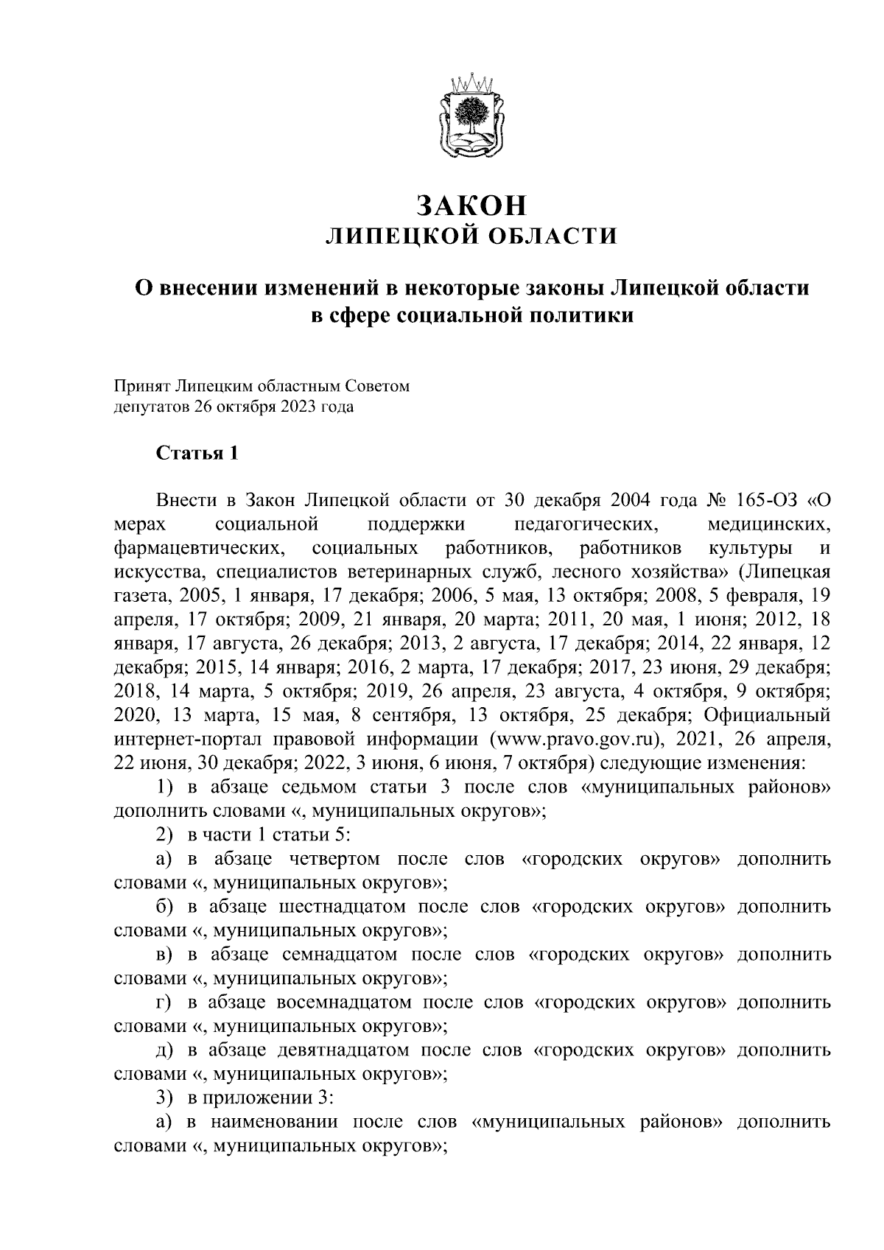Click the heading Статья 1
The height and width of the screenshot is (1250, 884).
pos(197,453)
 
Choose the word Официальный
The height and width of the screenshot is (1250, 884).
pos(768,715)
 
